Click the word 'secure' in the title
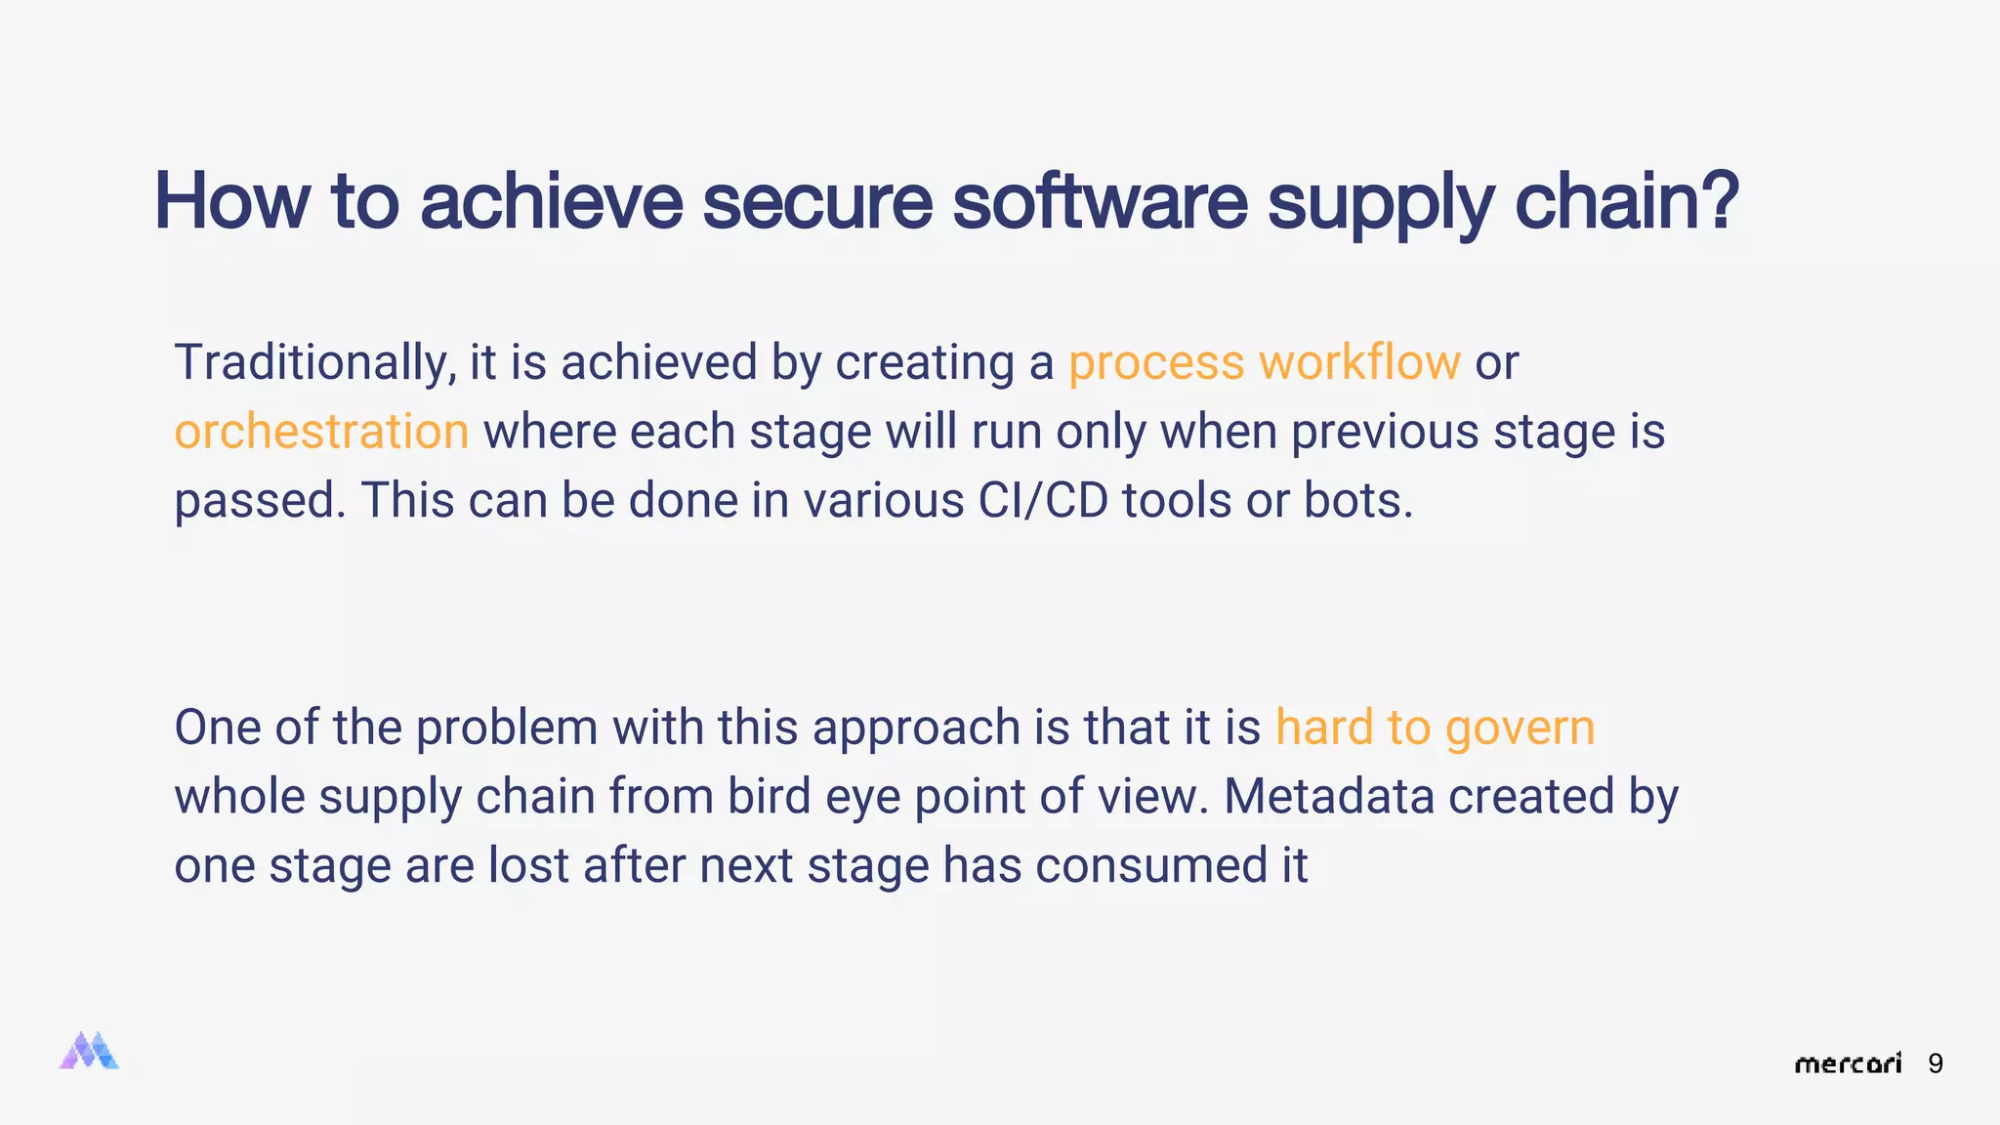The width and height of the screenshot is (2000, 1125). [817, 201]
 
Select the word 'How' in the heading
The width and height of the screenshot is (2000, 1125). [231, 201]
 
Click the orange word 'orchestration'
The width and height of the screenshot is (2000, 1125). [321, 432]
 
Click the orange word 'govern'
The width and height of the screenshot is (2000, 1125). [1520, 729]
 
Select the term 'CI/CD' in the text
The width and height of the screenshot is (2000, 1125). [1042, 501]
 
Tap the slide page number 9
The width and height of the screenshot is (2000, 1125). [1936, 1063]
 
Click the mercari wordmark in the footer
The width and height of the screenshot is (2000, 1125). [1848, 1063]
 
